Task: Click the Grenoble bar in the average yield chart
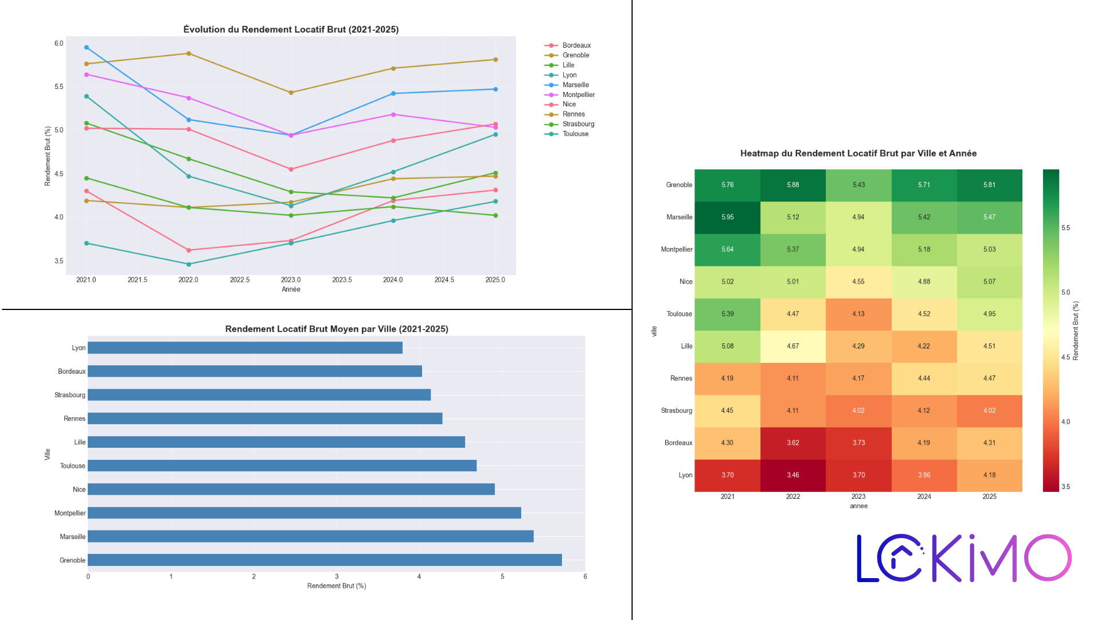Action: click(x=325, y=560)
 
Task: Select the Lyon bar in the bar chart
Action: click(x=245, y=347)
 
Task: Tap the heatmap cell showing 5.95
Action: click(x=727, y=217)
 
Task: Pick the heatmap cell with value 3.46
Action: click(x=792, y=475)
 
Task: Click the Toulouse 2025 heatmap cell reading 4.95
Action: click(x=989, y=314)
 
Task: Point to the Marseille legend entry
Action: click(x=575, y=85)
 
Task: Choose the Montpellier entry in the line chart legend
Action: click(x=578, y=95)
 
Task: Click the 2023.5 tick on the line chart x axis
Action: click(x=342, y=280)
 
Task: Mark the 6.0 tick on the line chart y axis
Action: click(x=59, y=44)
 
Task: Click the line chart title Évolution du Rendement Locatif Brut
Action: click(x=291, y=29)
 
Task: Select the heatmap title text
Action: click(x=858, y=153)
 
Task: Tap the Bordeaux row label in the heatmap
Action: click(x=678, y=443)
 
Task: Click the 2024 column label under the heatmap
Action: click(x=924, y=497)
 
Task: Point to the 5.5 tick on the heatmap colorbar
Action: click(x=1065, y=228)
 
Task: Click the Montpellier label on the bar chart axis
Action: click(x=70, y=513)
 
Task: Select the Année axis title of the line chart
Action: click(x=291, y=289)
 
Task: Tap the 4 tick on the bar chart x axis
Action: click(x=419, y=576)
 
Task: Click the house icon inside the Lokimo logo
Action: click(x=901, y=552)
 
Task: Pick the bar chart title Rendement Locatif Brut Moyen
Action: click(x=337, y=329)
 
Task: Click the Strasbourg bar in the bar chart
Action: click(x=259, y=395)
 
